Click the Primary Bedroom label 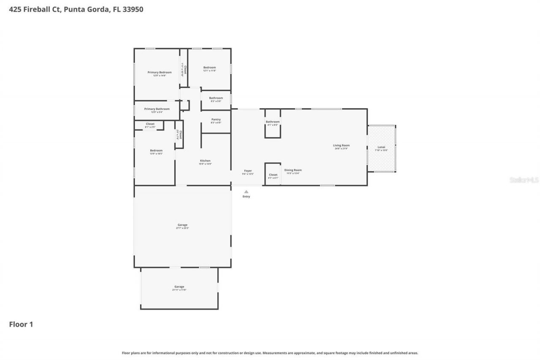(x=159, y=73)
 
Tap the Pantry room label (x=216, y=120)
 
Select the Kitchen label (x=205, y=161)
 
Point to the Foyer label (x=248, y=171)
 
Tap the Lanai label (x=381, y=148)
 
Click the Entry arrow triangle (x=246, y=192)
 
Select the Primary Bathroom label (x=157, y=109)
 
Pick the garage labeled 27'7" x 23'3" (x=182, y=225)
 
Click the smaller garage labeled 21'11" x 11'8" (x=179, y=287)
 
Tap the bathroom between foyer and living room (x=273, y=122)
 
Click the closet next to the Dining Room (x=273, y=175)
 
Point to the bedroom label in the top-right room (x=209, y=68)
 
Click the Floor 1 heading (x=21, y=324)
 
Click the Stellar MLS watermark (x=524, y=180)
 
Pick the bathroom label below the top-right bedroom (x=216, y=99)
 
